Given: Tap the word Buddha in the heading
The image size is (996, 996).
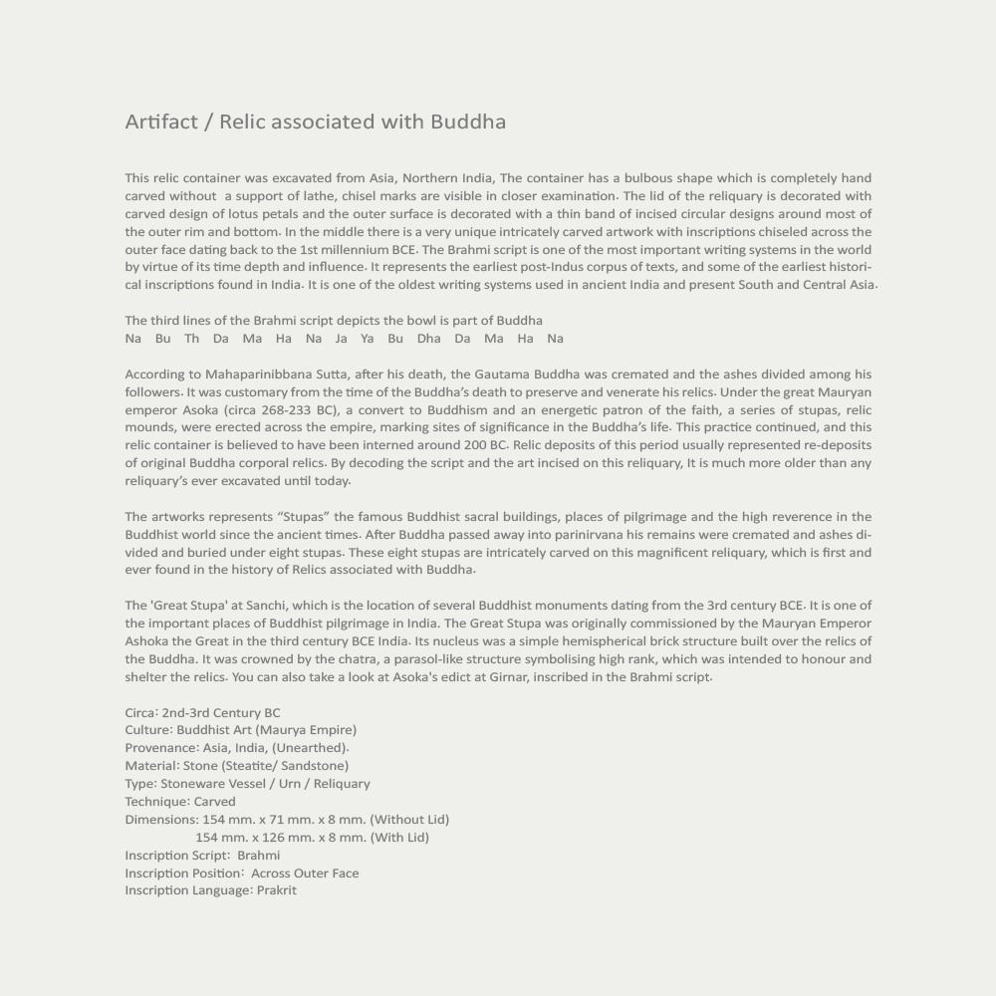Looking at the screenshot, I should (x=468, y=123).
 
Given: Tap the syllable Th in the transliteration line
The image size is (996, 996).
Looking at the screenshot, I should (x=191, y=339).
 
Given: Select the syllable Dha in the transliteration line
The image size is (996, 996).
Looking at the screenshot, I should (x=428, y=339).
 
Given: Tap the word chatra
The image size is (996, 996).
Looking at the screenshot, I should (x=354, y=659).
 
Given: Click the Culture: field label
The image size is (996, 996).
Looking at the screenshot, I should (x=149, y=730).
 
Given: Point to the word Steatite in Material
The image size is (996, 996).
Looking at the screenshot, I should (x=251, y=766).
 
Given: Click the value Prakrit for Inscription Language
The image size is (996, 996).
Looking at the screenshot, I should (x=277, y=890).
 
